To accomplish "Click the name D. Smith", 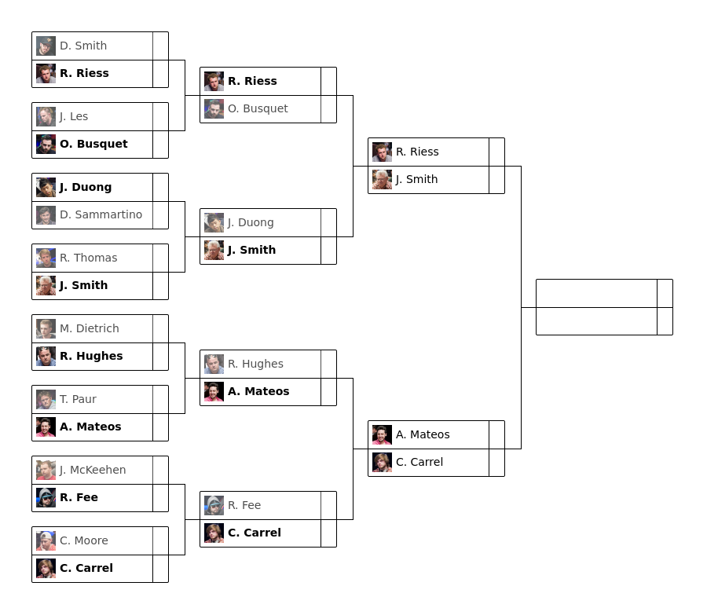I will click(83, 46).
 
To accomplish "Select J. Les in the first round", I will click(74, 116).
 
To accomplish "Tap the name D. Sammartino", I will click(101, 214).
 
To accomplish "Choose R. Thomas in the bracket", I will click(88, 258).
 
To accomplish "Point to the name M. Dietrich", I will click(89, 328).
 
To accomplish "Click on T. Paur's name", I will click(78, 399).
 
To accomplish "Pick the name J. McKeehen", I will click(93, 470).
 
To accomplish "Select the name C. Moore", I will click(83, 540).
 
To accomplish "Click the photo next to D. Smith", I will click(46, 46).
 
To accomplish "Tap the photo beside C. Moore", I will click(46, 540).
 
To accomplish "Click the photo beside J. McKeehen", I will click(46, 470).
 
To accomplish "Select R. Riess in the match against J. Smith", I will click(417, 152).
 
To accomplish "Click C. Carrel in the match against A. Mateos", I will click(419, 462).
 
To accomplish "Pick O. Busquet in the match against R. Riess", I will click(258, 108).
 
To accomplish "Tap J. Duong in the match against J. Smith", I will click(251, 222).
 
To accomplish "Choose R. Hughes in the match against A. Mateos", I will click(255, 364).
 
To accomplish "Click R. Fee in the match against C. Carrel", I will click(244, 505).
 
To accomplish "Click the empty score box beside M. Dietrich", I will click(160, 328).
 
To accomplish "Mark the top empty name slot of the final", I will click(596, 293).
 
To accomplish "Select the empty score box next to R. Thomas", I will click(160, 258).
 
